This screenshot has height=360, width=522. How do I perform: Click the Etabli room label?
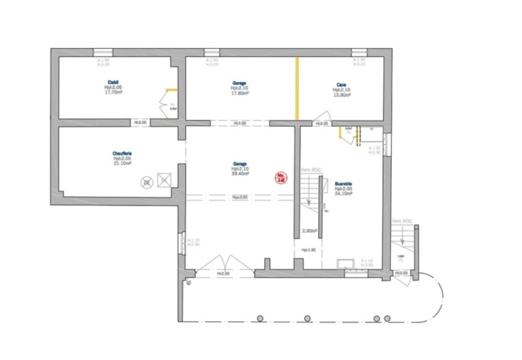tap(112, 84)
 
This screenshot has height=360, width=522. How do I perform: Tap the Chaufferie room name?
tap(122, 153)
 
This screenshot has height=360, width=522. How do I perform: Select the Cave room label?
tap(341, 84)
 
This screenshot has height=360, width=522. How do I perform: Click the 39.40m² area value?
tap(240, 173)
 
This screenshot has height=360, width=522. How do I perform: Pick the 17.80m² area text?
tap(240, 93)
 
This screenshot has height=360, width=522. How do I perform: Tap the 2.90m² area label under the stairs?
tap(309, 231)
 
